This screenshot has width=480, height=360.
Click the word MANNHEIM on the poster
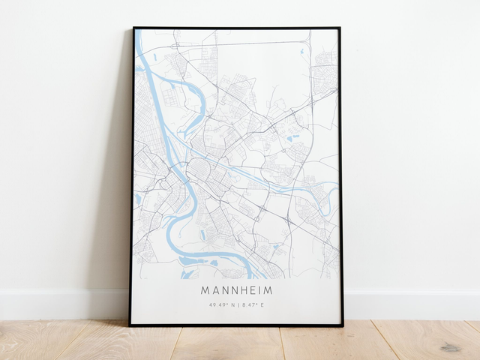(236, 289)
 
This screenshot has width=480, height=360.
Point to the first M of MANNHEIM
(205, 289)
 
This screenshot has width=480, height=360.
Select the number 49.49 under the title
(218, 304)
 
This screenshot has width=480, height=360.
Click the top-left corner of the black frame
(133, 28)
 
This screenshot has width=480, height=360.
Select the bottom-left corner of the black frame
(130, 325)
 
